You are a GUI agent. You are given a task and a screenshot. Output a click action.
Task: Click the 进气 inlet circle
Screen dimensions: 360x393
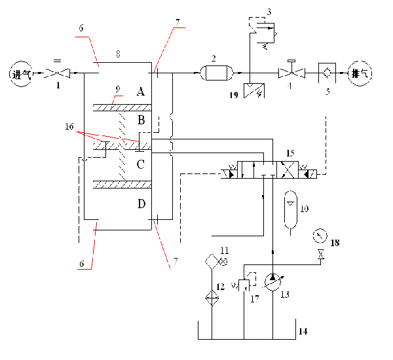20,73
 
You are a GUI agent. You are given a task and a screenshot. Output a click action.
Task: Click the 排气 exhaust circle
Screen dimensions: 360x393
361,73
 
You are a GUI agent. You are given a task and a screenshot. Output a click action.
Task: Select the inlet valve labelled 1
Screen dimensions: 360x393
62,73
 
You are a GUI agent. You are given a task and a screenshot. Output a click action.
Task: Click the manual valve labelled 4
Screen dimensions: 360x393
290,72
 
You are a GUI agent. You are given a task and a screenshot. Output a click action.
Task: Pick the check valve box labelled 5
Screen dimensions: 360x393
326,72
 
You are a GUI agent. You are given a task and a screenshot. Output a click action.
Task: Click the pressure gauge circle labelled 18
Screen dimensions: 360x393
320,234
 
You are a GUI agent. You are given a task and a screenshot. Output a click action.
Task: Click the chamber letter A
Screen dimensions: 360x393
140,92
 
